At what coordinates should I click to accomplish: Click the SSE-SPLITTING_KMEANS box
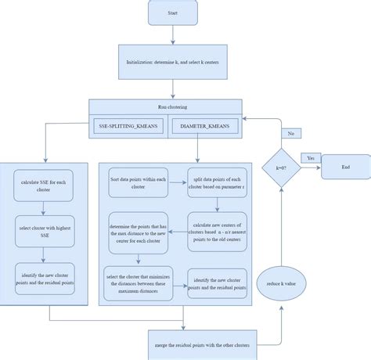pyautogui.click(x=128, y=125)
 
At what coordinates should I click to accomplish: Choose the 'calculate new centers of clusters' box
pyautogui.click(x=218, y=231)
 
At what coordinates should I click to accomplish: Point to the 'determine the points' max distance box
pyautogui.click(x=138, y=232)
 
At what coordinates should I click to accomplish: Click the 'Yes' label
pyautogui.click(x=312, y=158)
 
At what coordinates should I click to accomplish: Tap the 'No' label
pyautogui.click(x=292, y=133)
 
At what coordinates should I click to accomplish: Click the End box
pyautogui.click(x=346, y=167)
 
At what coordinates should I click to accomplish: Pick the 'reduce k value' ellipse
pyautogui.click(x=283, y=281)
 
